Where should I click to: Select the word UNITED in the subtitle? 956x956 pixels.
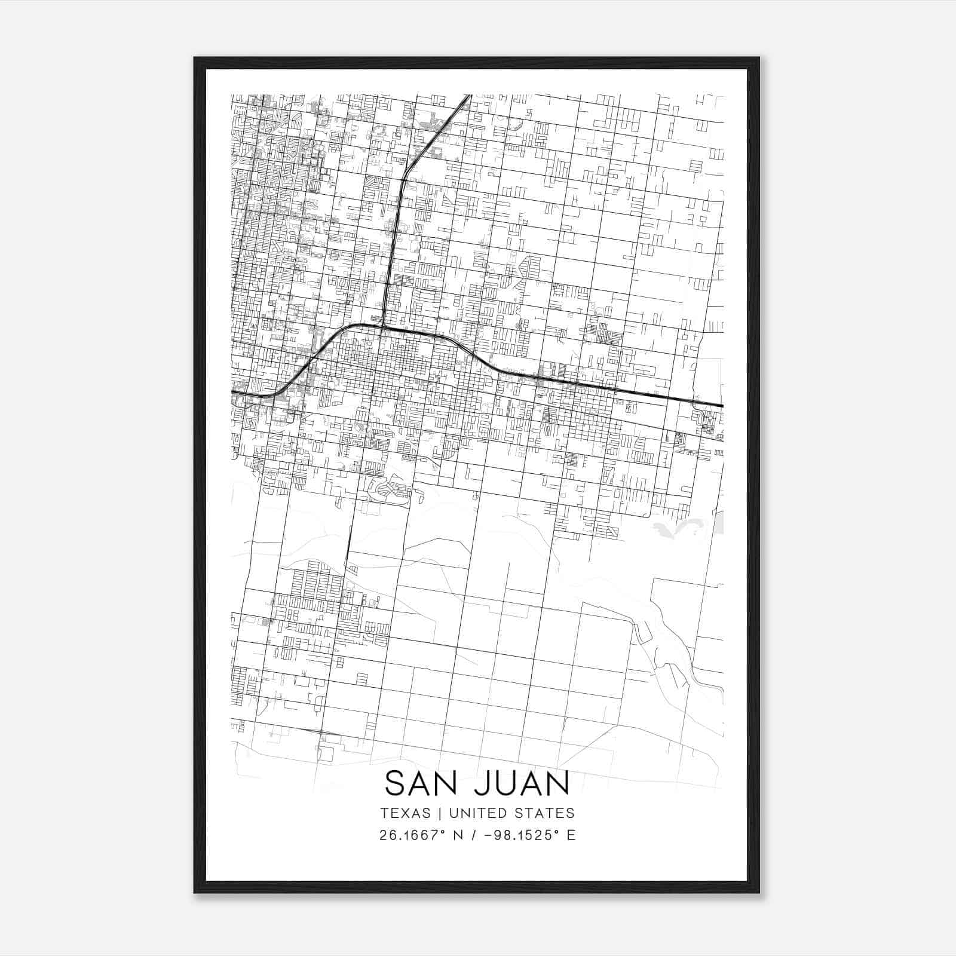click(x=477, y=813)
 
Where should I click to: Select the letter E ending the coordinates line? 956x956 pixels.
click(x=571, y=835)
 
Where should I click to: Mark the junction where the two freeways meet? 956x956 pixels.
click(x=382, y=326)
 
